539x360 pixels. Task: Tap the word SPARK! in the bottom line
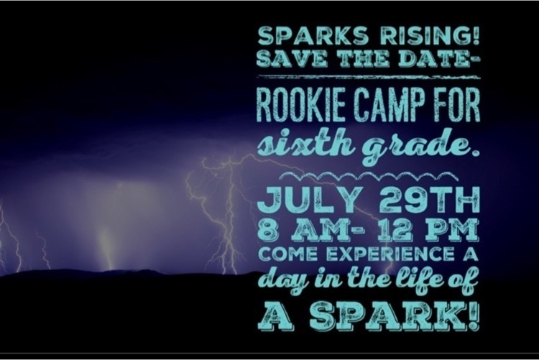(x=395, y=315)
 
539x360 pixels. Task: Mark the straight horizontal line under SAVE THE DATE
(x=369, y=77)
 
